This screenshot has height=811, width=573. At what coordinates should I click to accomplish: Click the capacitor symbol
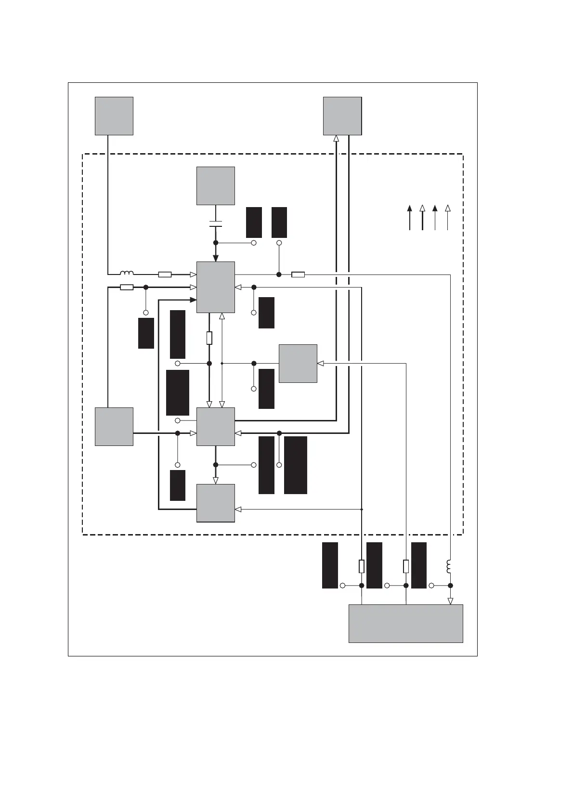click(x=216, y=224)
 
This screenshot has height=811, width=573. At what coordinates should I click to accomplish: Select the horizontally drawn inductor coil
click(x=127, y=273)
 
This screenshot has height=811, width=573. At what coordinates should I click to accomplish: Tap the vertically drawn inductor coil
click(x=450, y=567)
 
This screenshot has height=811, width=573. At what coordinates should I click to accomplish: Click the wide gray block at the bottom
click(x=405, y=623)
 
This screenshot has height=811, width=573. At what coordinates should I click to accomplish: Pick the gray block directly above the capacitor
click(x=216, y=186)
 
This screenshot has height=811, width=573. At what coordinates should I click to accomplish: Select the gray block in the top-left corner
click(x=114, y=116)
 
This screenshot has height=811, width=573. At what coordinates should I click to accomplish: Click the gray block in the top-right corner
click(x=342, y=116)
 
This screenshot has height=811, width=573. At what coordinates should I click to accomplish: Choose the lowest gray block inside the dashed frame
click(x=216, y=503)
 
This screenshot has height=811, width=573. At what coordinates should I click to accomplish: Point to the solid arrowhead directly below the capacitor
click(x=216, y=258)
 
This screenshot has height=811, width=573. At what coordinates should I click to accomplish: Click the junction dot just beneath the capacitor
click(x=216, y=243)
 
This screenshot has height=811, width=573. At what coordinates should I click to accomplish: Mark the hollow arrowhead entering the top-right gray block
click(x=336, y=139)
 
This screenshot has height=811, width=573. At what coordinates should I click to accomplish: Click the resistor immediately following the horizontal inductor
click(x=165, y=275)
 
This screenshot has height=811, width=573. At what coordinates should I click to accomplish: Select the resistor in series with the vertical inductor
click(x=298, y=275)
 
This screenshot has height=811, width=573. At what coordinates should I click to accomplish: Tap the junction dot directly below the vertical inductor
click(x=450, y=586)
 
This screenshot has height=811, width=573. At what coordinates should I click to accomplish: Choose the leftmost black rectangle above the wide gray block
click(x=330, y=565)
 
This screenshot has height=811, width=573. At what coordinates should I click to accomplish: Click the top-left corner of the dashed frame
click(x=83, y=154)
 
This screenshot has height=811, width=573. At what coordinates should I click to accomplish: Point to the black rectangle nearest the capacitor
click(x=254, y=222)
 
